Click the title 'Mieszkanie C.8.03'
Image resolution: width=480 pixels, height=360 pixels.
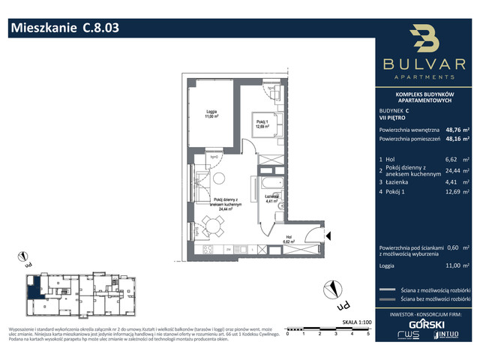tap(63, 28)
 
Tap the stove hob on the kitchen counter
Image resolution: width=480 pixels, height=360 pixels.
tap(212, 248)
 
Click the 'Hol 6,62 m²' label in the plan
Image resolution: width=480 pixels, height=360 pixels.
tap(289, 241)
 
